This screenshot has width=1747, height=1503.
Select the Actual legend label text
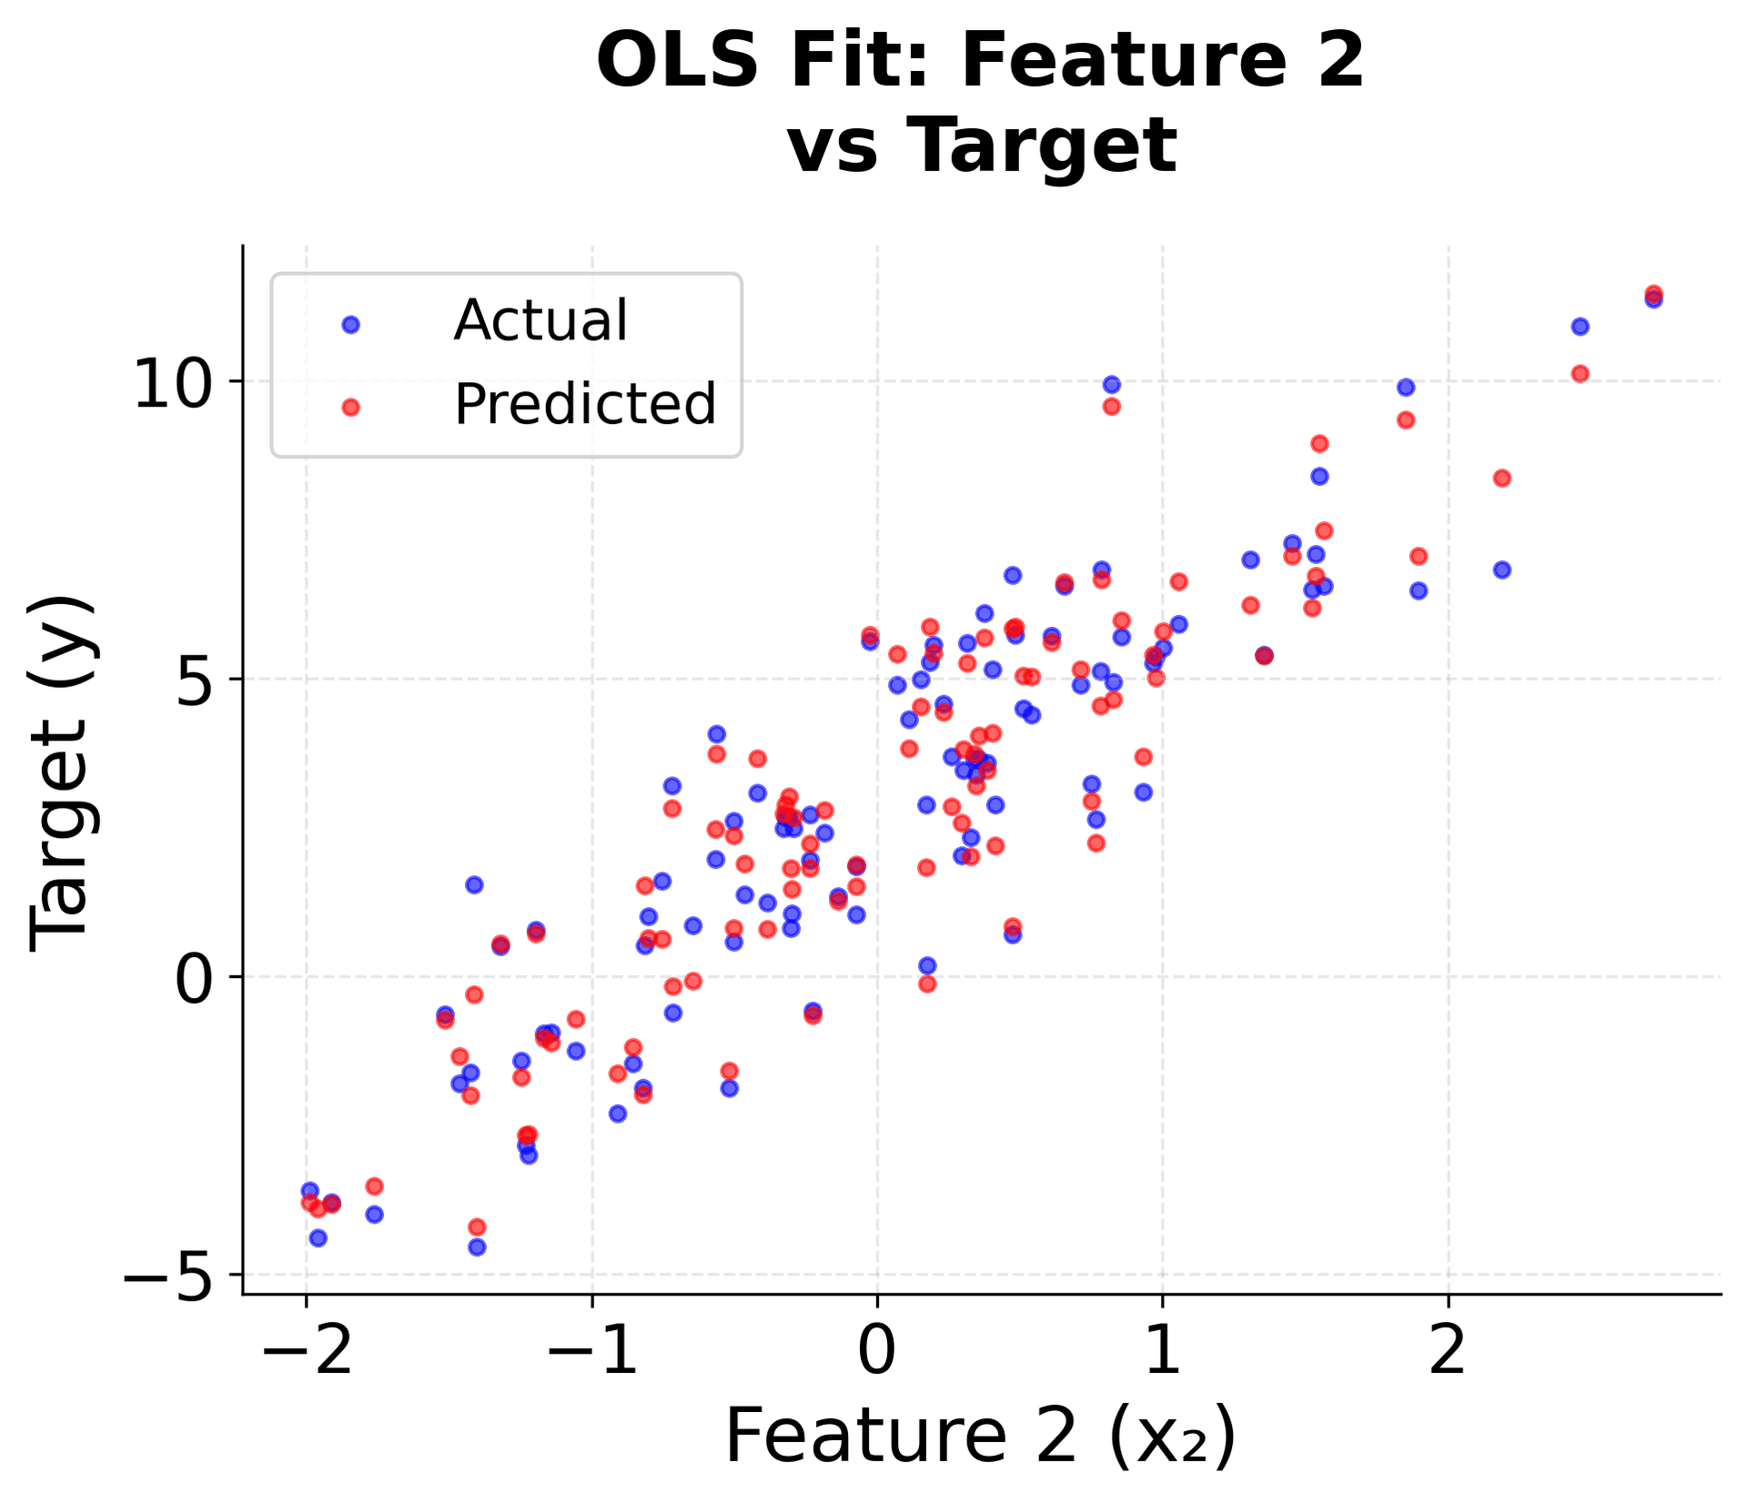pos(540,320)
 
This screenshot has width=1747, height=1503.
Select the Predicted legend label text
pos(585,404)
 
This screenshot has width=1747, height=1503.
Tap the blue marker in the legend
pos(350,325)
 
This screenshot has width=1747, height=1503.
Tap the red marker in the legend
pos(350,408)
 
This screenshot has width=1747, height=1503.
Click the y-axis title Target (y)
pos(59,773)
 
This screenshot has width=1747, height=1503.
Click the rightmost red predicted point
pos(1653,294)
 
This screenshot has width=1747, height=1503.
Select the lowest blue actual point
pos(477,1246)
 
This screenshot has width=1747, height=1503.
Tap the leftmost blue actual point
pos(309,1190)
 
